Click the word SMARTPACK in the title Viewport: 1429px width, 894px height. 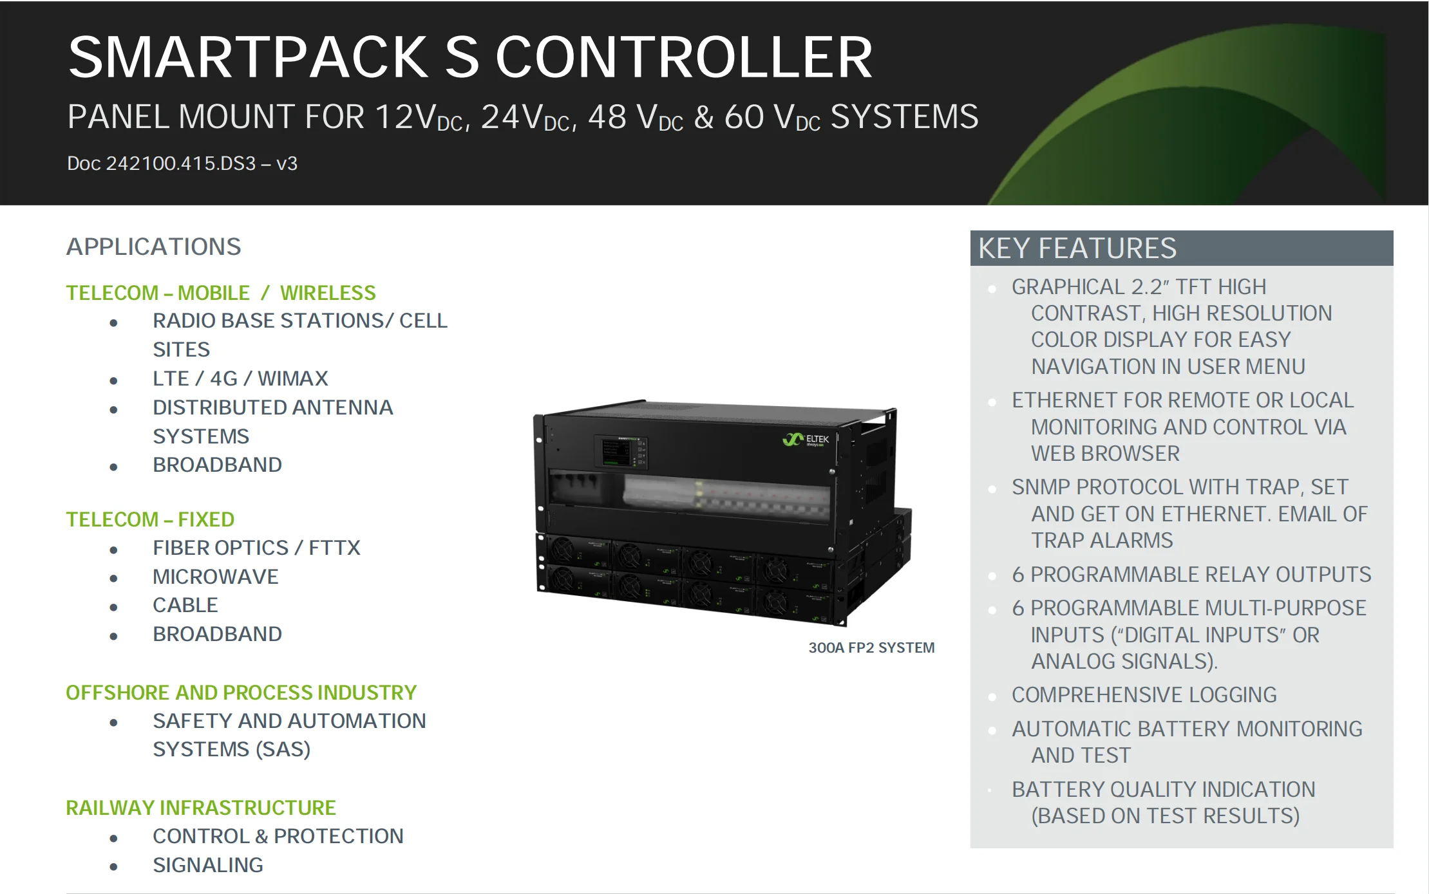(248, 58)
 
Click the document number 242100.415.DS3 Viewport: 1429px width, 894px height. (181, 163)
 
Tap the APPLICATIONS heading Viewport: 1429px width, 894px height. (153, 247)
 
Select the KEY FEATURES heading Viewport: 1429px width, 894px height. (1077, 248)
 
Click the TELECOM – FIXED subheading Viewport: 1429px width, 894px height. (150, 519)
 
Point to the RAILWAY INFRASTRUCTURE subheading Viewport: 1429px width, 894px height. (201, 808)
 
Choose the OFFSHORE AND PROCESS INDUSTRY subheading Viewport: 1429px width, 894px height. (241, 693)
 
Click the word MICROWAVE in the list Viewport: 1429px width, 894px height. (215, 577)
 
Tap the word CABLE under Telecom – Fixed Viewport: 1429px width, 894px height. (185, 605)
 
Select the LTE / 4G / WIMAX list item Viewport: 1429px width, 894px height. (240, 378)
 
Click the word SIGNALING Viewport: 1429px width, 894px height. (207, 865)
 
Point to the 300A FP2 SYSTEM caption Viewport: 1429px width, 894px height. (871, 647)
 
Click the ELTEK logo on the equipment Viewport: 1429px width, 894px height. (806, 440)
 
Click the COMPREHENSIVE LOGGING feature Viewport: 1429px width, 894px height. (1144, 694)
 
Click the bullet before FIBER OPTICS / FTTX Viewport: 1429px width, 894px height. (114, 550)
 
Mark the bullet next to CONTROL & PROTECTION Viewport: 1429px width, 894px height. (114, 838)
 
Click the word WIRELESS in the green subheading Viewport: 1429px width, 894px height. (327, 293)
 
